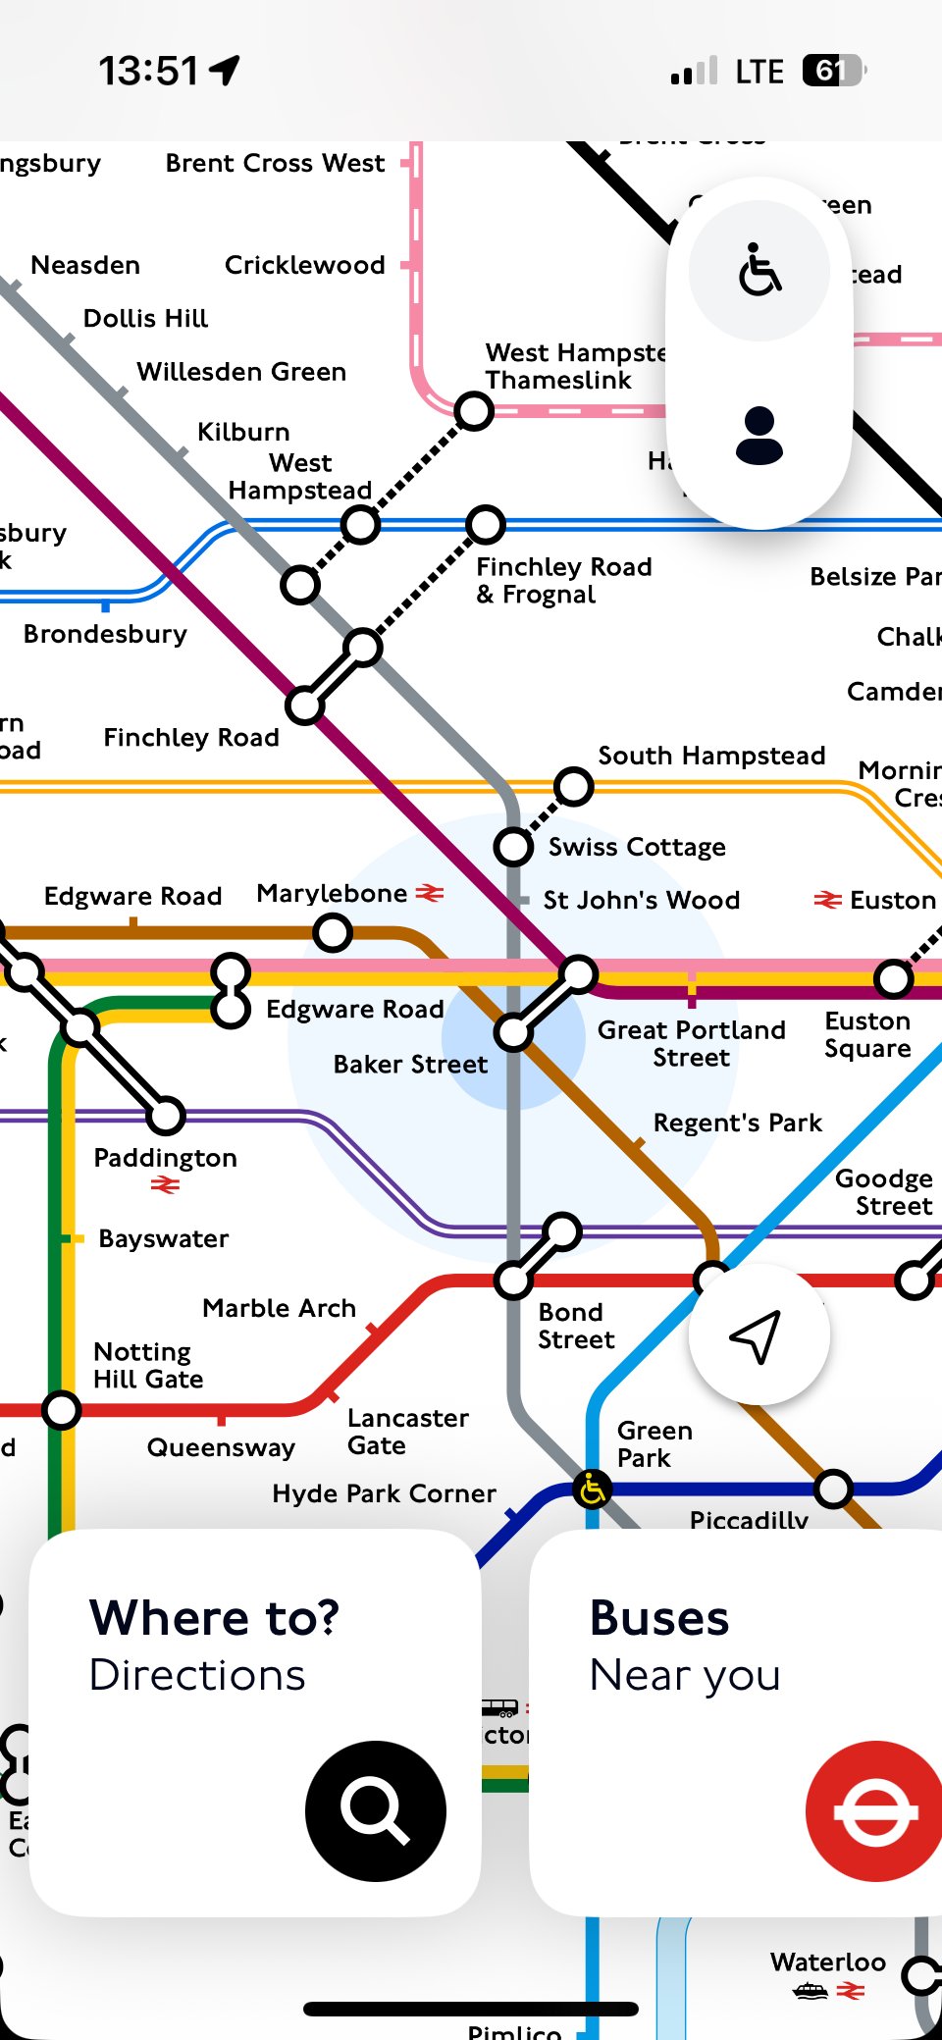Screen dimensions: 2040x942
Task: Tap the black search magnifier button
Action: (375, 1810)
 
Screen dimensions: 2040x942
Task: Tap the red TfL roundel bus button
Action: (874, 1810)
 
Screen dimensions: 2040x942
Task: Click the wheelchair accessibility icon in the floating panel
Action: (759, 270)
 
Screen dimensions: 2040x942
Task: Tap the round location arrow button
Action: (759, 1334)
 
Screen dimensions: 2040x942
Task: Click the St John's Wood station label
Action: (641, 900)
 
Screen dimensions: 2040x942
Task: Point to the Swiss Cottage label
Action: (637, 847)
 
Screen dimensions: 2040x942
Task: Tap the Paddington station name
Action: (165, 1158)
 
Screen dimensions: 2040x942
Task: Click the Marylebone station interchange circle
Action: (333, 931)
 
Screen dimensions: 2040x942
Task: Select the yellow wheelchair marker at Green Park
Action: (592, 1490)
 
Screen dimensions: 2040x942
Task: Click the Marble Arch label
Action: (279, 1308)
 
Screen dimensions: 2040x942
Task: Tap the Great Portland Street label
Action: (691, 1043)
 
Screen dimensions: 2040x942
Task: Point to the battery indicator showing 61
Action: (833, 71)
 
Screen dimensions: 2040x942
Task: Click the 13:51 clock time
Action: (148, 71)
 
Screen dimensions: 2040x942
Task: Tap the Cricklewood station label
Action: (304, 265)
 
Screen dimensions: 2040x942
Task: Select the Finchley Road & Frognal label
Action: (563, 580)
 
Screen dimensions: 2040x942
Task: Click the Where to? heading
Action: (214, 1618)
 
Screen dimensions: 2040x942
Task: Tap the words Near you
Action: (685, 1676)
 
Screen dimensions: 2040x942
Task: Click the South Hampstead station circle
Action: (574, 786)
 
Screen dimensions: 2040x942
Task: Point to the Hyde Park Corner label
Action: (384, 1493)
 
